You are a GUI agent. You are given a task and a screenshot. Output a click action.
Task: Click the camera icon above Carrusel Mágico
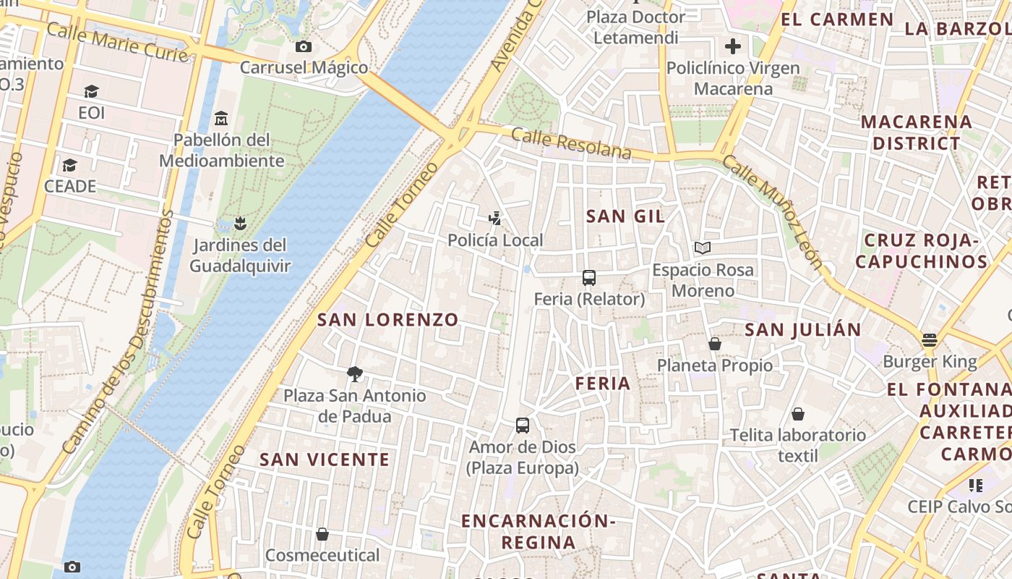(x=304, y=47)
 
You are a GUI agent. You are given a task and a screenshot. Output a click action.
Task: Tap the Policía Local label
(x=495, y=240)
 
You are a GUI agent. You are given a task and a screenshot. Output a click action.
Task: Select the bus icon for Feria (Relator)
(x=589, y=278)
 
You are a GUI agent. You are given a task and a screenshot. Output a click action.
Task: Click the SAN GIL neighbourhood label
(x=625, y=216)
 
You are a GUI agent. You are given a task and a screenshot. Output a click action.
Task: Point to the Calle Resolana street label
(x=571, y=143)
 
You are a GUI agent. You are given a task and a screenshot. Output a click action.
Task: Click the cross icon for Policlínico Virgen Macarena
(x=733, y=47)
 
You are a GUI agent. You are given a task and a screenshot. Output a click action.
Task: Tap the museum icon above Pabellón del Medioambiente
(x=221, y=118)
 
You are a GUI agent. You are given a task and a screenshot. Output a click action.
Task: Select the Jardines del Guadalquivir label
(x=239, y=255)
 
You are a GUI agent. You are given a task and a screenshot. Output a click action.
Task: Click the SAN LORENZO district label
(x=388, y=320)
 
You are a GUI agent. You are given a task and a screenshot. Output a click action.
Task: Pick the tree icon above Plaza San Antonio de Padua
(x=354, y=374)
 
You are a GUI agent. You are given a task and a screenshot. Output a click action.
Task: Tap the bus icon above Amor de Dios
(x=523, y=426)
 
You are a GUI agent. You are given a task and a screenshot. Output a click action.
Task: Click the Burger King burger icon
(x=930, y=340)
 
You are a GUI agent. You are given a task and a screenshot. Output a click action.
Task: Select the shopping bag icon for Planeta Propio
(x=715, y=344)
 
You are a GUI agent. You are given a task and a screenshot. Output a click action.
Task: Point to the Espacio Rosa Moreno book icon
(x=703, y=248)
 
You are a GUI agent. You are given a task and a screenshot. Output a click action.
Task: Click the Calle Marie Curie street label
(x=117, y=42)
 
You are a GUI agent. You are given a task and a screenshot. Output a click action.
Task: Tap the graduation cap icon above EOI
(x=91, y=92)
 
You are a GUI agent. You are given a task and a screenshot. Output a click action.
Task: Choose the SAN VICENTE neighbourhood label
(x=325, y=460)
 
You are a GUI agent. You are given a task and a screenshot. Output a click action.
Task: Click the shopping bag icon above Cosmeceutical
(x=322, y=535)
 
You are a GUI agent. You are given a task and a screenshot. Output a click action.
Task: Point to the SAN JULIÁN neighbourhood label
(x=802, y=330)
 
